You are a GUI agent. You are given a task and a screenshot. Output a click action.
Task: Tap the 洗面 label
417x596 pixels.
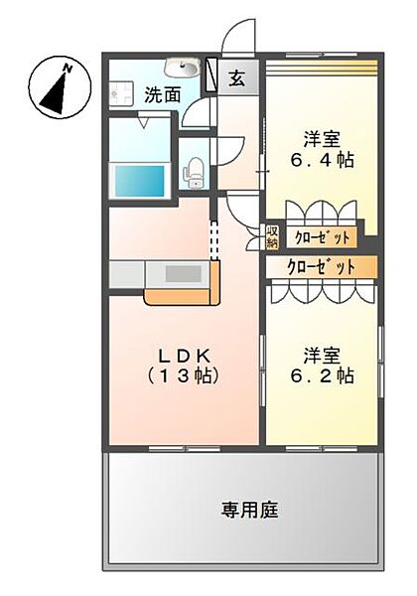click(x=162, y=95)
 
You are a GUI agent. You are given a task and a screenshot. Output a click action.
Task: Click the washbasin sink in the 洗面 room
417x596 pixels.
click(x=181, y=68)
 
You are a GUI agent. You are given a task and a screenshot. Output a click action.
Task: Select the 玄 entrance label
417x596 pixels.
click(x=239, y=77)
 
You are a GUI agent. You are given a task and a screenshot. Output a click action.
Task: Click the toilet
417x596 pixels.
click(x=196, y=171)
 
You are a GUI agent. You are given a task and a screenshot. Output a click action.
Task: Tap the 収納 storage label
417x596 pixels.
click(x=272, y=237)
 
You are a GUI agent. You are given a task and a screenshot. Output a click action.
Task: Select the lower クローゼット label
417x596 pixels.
click(x=322, y=266)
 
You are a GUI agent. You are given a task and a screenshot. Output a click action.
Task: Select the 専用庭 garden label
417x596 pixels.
click(x=249, y=511)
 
